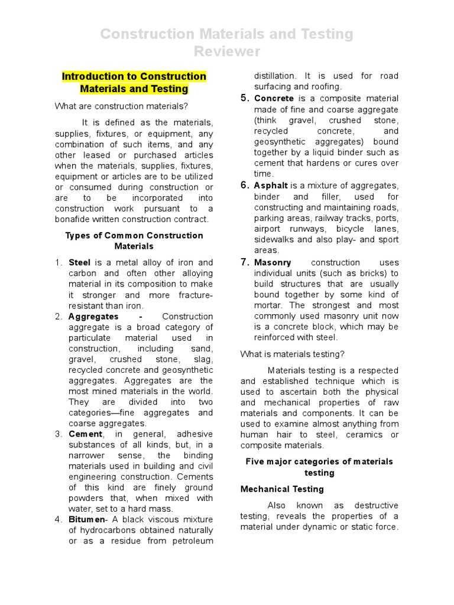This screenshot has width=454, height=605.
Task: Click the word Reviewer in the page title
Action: pos(227,52)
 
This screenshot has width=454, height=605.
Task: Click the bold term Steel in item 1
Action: pos(80,262)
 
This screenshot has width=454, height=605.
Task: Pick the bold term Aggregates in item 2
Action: pos(93,317)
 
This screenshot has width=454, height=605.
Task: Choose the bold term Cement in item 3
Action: pos(85,434)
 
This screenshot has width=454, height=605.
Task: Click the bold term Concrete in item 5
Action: pos(274,99)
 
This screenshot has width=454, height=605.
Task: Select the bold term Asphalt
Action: pos(271,186)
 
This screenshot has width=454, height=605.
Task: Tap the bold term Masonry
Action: pos(273,262)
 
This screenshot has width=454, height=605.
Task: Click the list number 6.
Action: pos(245,186)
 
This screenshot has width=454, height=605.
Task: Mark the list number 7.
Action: pos(245,262)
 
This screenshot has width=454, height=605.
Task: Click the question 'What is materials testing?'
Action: pos(292,354)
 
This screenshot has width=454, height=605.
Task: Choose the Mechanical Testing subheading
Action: pos(282,489)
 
